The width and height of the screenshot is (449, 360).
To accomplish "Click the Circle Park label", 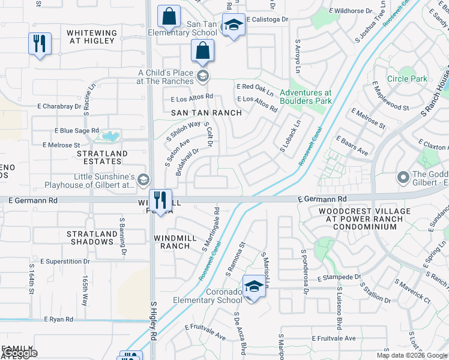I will (x=407, y=79).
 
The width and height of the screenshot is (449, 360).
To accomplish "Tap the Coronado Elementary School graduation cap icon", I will (x=254, y=286).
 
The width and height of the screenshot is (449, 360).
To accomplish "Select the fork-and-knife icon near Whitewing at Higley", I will (x=40, y=44).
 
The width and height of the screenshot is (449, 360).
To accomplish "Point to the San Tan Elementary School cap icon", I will (x=234, y=25).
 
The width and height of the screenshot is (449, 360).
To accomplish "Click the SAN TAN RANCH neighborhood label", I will (x=206, y=113).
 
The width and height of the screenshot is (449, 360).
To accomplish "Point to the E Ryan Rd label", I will (x=61, y=320).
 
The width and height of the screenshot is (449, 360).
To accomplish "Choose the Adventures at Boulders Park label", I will (x=306, y=97).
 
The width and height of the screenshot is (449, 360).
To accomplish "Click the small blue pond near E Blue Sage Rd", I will (x=110, y=136).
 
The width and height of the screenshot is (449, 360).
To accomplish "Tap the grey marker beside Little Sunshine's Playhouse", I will (x=143, y=179).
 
